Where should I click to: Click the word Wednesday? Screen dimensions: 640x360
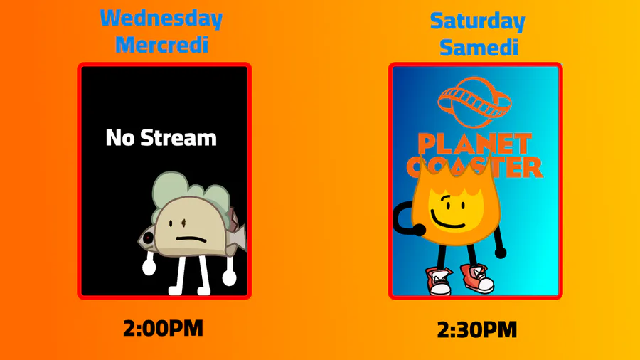pyautogui.click(x=161, y=18)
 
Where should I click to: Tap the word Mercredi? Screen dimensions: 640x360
pyautogui.click(x=162, y=45)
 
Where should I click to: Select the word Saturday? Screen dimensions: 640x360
pyautogui.click(x=478, y=22)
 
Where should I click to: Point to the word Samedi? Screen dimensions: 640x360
pyautogui.click(x=479, y=48)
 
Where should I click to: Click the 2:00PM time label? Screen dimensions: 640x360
pyautogui.click(x=163, y=329)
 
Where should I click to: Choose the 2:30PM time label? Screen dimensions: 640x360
pyautogui.click(x=476, y=330)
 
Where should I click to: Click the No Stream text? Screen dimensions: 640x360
pyautogui.click(x=161, y=138)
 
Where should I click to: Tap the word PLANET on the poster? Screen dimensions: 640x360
pyautogui.click(x=475, y=145)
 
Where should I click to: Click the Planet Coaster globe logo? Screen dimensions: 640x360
pyautogui.click(x=474, y=102)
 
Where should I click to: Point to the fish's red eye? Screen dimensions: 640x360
pyautogui.click(x=148, y=237)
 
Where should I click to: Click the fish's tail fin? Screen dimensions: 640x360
pyautogui.click(x=240, y=238)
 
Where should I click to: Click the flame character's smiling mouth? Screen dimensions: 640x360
pyautogui.click(x=447, y=223)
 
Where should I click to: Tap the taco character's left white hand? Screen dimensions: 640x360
pyautogui.click(x=149, y=268)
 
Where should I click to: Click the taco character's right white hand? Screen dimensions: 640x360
pyautogui.click(x=229, y=278)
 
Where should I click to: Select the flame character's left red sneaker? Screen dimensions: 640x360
pyautogui.click(x=439, y=281)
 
